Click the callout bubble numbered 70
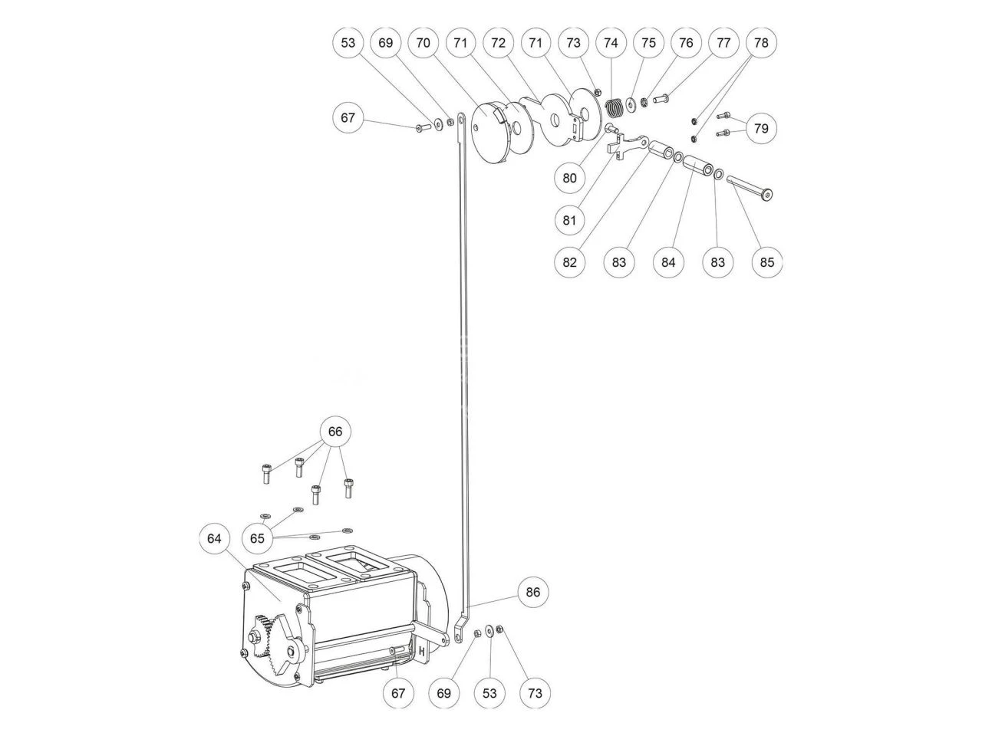click(423, 42)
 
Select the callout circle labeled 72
click(498, 42)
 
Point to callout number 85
click(767, 262)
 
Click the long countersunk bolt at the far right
click(750, 187)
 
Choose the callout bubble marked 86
click(532, 593)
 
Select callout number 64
click(214, 538)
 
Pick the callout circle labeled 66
click(335, 431)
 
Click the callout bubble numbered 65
click(257, 538)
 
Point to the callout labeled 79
click(761, 128)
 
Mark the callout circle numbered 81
click(569, 220)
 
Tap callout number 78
click(761, 42)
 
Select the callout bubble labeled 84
click(668, 262)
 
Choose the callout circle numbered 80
click(569, 178)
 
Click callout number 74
click(611, 42)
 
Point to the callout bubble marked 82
click(569, 262)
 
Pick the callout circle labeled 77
click(723, 42)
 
